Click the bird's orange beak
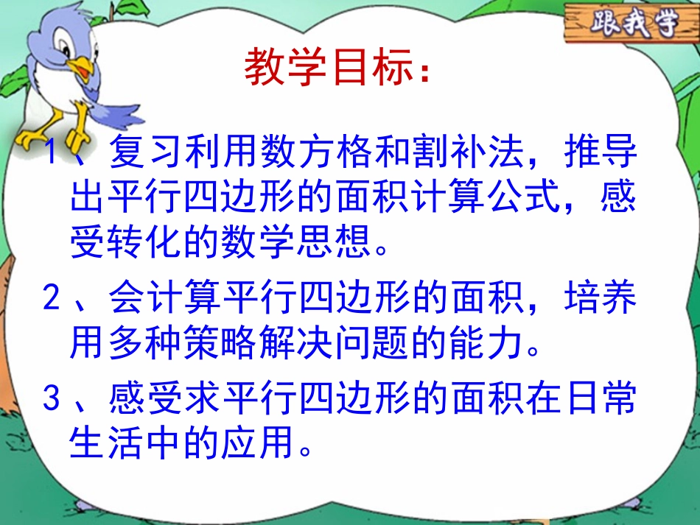(x=83, y=70)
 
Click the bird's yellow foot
(x=33, y=138)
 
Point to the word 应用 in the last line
(x=256, y=443)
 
